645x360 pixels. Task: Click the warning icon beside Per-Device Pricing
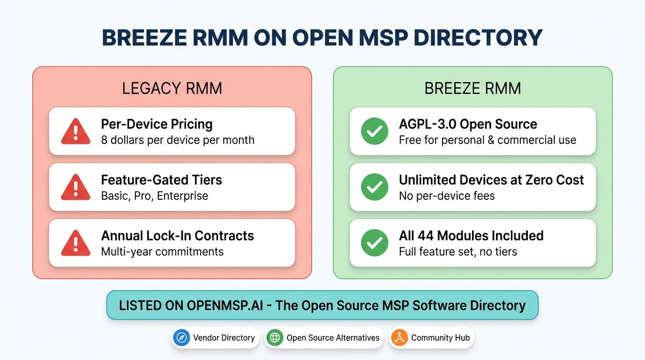click(75, 131)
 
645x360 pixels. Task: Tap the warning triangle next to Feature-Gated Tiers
click(75, 187)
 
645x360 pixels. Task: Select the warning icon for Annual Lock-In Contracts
click(75, 243)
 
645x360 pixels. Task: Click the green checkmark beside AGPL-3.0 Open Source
click(375, 131)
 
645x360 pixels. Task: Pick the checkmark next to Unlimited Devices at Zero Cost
click(375, 187)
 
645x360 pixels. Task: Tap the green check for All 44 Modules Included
click(375, 243)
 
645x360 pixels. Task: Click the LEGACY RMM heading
click(172, 89)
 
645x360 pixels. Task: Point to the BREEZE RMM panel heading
click(472, 89)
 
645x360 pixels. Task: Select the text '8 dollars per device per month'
click(178, 140)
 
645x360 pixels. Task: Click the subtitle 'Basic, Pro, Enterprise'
click(155, 196)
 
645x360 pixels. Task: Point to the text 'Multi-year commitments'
click(162, 252)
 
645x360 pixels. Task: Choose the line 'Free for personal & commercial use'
click(487, 140)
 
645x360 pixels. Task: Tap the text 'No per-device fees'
click(447, 196)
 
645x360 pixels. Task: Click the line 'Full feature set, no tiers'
click(458, 252)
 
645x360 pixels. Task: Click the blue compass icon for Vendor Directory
click(181, 337)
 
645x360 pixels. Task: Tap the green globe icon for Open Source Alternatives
click(275, 337)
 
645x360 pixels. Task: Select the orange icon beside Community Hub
click(399, 337)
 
